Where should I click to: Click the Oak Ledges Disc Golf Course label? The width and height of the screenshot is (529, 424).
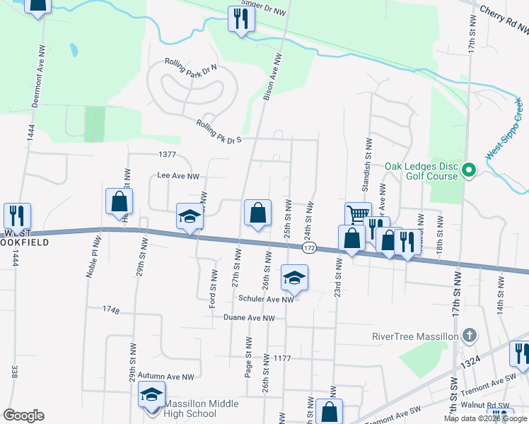point(422,172)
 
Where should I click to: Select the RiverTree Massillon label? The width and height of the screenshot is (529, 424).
point(415,336)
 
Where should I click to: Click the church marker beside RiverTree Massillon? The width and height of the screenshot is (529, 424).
point(468,335)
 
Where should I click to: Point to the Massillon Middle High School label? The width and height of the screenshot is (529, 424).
point(202,408)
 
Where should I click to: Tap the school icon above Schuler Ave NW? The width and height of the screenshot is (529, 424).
point(294,278)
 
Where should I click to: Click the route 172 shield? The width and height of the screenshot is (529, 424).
point(309,249)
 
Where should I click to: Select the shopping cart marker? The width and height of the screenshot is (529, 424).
point(358,213)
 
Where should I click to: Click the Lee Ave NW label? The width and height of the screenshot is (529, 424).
point(178,176)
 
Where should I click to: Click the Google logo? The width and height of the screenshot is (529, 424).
point(24,416)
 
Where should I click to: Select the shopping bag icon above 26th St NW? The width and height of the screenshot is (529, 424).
point(257,212)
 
